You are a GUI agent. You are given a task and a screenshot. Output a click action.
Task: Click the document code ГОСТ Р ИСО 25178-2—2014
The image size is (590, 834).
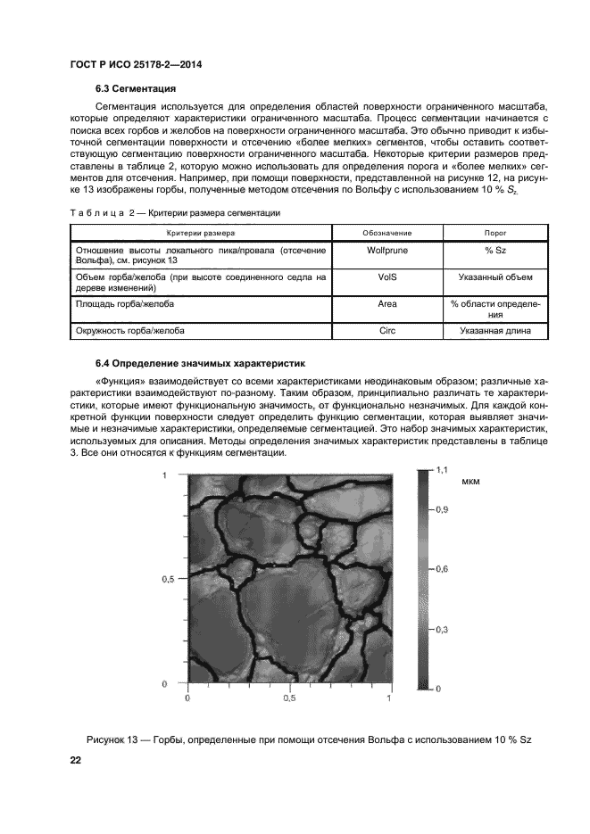click(131, 64)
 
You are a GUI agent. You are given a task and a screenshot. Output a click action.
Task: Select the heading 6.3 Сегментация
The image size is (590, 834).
click(135, 89)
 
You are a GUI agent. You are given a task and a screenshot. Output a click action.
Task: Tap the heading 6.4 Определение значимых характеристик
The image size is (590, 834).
click(201, 364)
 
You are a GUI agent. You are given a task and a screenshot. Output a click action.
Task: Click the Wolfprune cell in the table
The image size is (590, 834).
click(386, 251)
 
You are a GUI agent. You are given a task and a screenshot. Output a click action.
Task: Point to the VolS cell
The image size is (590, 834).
click(386, 277)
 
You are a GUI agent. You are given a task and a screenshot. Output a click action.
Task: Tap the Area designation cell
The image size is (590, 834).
click(386, 304)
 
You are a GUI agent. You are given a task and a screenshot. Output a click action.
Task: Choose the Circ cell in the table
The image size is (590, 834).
click(386, 332)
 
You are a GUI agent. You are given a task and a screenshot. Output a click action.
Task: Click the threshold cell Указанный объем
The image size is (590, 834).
click(494, 277)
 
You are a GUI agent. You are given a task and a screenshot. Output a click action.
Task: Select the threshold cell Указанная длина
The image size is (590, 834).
click(494, 332)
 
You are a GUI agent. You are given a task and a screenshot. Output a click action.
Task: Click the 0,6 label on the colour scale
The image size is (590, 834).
click(442, 568)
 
